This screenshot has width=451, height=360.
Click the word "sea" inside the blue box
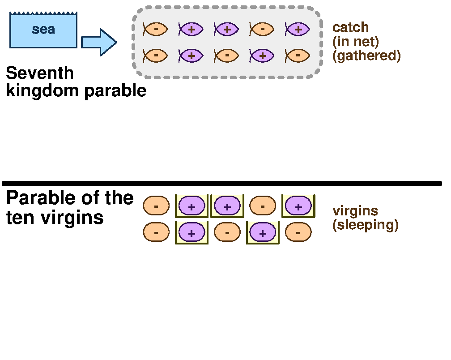(43, 30)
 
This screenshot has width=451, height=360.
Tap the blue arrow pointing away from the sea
(99, 43)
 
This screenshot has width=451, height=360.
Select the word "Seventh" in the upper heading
(40, 73)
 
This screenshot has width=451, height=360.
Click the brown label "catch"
(350, 27)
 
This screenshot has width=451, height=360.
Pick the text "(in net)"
(355, 42)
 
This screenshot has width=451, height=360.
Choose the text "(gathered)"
(366, 56)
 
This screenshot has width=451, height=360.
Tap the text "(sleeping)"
(365, 225)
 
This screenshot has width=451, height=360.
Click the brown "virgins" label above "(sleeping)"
(355, 211)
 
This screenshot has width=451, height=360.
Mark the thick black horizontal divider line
(222, 184)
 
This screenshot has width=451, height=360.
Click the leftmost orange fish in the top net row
(155, 30)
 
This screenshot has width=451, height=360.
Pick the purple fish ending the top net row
(298, 30)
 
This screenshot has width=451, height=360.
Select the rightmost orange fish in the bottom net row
(298, 56)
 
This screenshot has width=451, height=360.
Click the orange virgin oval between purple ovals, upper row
(262, 206)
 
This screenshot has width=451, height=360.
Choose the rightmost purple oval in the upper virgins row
(298, 206)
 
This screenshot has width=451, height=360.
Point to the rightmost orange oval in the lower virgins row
(298, 232)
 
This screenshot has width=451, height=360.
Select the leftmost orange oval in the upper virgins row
(156, 206)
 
